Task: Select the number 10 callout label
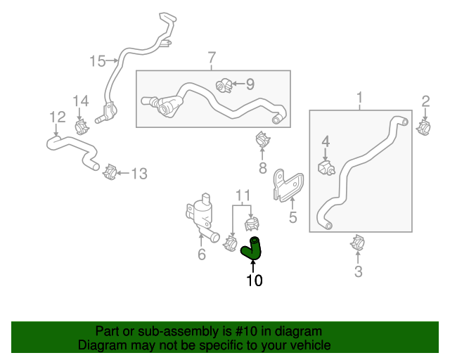254,281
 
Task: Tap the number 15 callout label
96,61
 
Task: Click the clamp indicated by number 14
82,126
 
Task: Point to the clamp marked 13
109,172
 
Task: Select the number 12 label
58,117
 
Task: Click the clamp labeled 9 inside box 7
225,86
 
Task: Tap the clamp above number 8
263,140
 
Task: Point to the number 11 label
243,194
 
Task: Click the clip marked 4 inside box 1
326,168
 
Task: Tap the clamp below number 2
425,127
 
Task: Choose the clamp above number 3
358,245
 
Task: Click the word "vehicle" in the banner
309,345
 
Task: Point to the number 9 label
250,84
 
